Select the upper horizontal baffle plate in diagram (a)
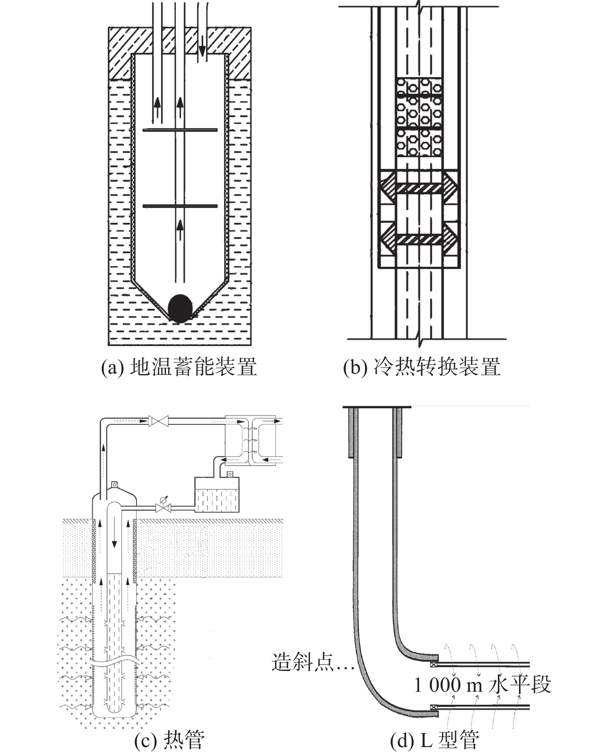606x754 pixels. (x=180, y=130)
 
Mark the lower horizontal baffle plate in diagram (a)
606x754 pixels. (x=180, y=206)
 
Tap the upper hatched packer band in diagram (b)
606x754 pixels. (x=418, y=188)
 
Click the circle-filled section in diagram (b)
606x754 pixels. (x=418, y=117)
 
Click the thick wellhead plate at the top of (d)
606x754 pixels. (x=377, y=406)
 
